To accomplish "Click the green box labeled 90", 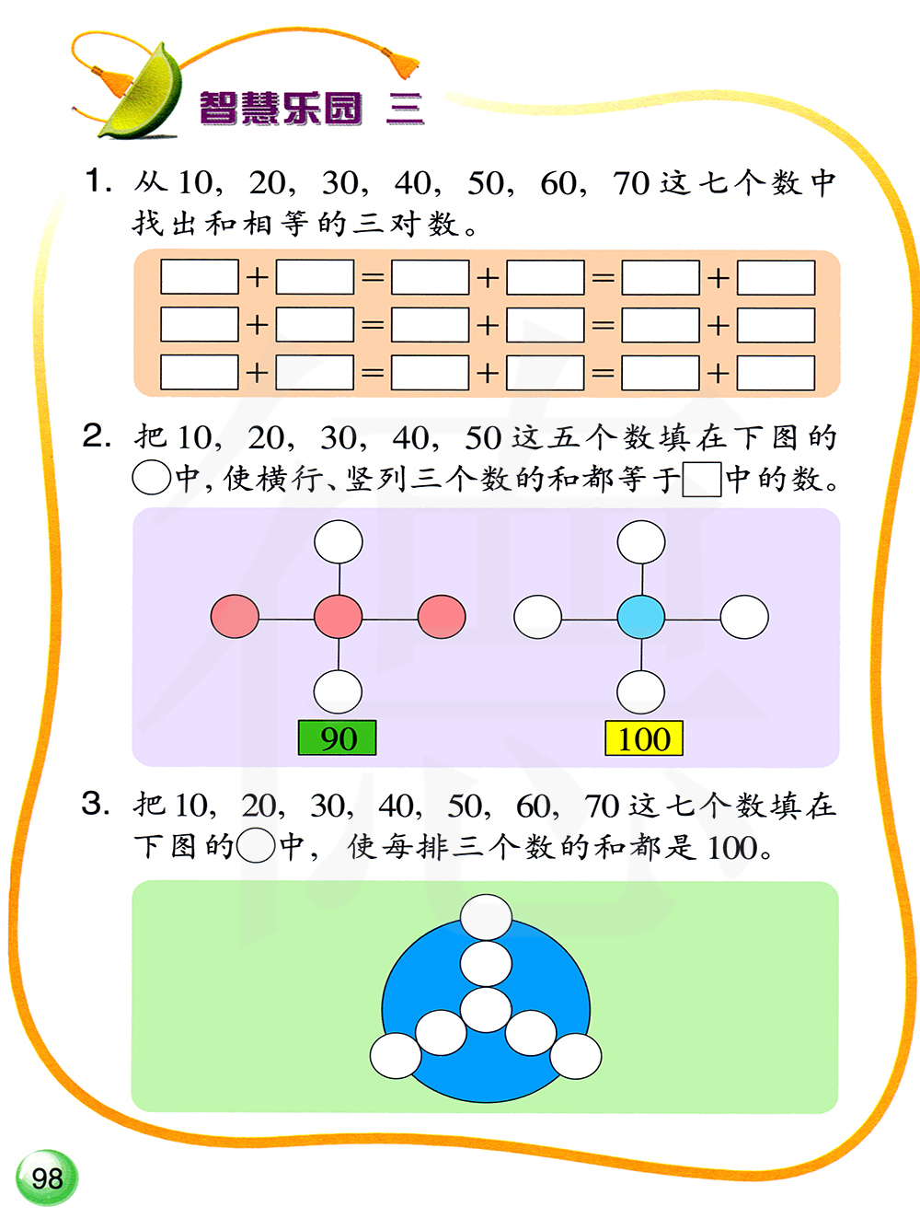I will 338,738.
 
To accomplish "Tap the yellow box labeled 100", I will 644,738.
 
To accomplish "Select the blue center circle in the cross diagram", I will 641,617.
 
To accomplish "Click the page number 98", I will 47,1178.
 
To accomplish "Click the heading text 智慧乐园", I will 281,109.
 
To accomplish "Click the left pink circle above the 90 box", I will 235,617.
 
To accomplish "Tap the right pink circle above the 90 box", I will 442,617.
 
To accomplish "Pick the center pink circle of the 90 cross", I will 339,617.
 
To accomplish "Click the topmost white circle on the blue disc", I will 486,917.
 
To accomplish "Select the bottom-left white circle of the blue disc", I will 396,1055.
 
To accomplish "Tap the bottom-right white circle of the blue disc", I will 576,1055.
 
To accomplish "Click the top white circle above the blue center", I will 641,541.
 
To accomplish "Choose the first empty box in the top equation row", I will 200,277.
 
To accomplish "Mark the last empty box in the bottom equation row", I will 776,373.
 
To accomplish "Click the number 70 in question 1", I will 631,183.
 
